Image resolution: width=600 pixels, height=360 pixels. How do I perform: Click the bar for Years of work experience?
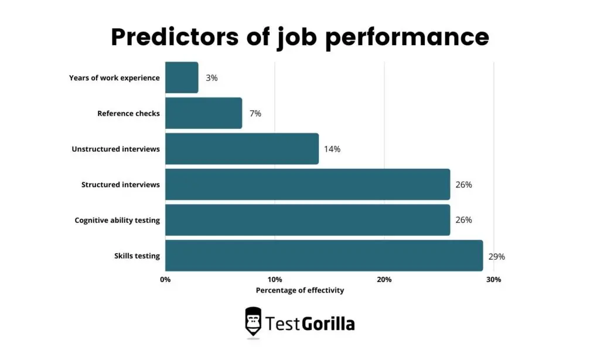point(182,77)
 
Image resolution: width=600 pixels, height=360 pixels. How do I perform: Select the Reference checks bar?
point(203,113)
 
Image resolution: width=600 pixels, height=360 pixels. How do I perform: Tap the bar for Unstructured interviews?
point(241,149)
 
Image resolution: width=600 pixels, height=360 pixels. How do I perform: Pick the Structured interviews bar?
point(307,185)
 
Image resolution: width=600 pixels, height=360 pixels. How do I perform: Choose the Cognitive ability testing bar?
point(307,220)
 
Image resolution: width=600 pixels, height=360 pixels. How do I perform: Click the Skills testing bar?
point(323,256)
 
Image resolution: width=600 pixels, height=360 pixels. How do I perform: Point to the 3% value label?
point(212,77)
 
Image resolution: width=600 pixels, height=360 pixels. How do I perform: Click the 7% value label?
point(255,113)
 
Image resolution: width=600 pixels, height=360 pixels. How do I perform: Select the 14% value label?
point(332,149)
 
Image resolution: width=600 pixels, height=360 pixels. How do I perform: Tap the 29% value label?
point(496,256)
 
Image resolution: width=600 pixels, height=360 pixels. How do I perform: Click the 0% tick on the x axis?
point(165,280)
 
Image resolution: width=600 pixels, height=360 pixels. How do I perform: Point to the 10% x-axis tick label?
point(274,280)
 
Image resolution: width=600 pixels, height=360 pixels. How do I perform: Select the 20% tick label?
point(384,280)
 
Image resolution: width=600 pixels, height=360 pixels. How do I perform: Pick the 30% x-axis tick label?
point(493,280)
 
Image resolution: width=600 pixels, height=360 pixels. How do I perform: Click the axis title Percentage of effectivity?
point(300,290)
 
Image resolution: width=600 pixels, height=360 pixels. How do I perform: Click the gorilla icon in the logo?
point(253,322)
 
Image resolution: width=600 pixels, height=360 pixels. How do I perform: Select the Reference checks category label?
point(128,113)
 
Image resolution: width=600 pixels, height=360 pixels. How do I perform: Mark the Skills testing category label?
point(137,256)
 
